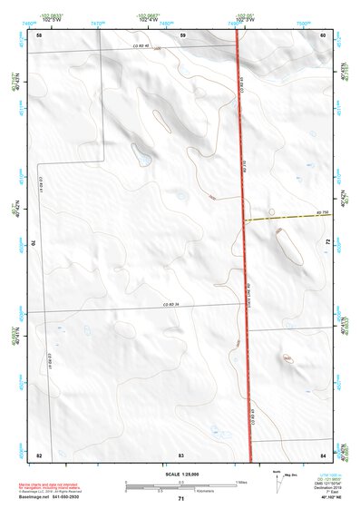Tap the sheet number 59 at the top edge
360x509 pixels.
(182, 34)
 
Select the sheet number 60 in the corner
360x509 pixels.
(323, 34)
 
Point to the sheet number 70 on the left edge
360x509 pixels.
(36, 243)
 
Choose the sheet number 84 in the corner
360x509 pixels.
(323, 453)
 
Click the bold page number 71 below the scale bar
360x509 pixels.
(181, 499)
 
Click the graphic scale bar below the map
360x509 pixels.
(181, 485)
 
